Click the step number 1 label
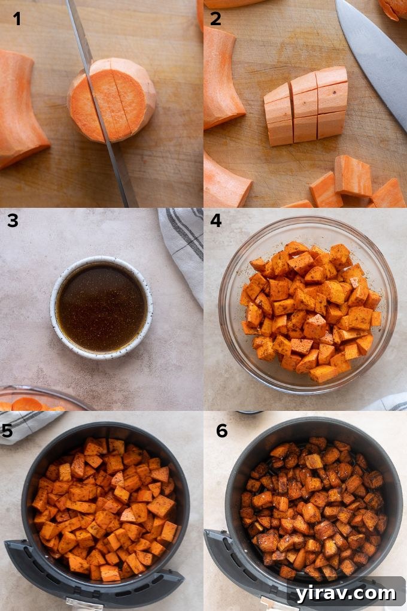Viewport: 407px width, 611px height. (17, 19)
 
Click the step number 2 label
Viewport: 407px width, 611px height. (215, 19)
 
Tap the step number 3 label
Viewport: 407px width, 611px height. (13, 221)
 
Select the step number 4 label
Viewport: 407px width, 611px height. (215, 221)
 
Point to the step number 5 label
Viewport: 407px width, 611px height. (8, 431)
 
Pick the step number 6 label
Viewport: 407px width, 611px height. (222, 431)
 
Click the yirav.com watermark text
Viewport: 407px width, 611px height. (345, 593)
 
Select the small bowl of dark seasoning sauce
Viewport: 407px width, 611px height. (101, 307)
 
